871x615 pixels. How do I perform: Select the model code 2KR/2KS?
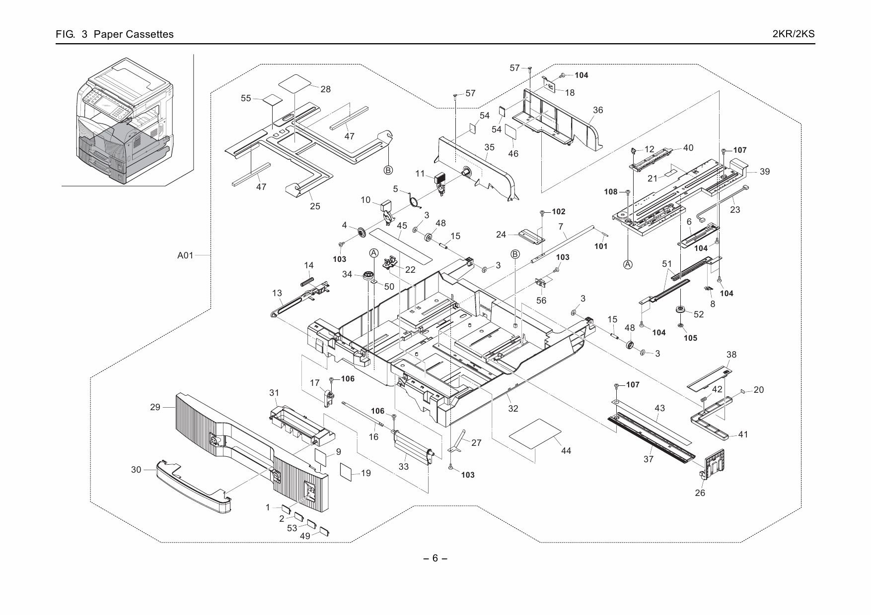[794, 34]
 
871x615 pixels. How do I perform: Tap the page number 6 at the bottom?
[435, 558]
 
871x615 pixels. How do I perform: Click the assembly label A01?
[185, 256]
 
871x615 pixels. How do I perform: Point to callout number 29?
[155, 407]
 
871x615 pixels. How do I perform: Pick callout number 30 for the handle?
[136, 469]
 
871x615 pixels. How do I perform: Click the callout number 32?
[513, 409]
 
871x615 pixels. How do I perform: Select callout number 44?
[566, 451]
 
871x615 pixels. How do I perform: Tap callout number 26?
[700, 493]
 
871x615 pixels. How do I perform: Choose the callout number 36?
[598, 110]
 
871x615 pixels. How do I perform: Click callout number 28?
[325, 89]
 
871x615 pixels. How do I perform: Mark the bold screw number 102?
[559, 212]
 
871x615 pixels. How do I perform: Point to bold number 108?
[611, 192]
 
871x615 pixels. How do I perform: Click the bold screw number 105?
[690, 338]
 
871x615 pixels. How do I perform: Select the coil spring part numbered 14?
[308, 281]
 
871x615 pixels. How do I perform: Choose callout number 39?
[764, 172]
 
